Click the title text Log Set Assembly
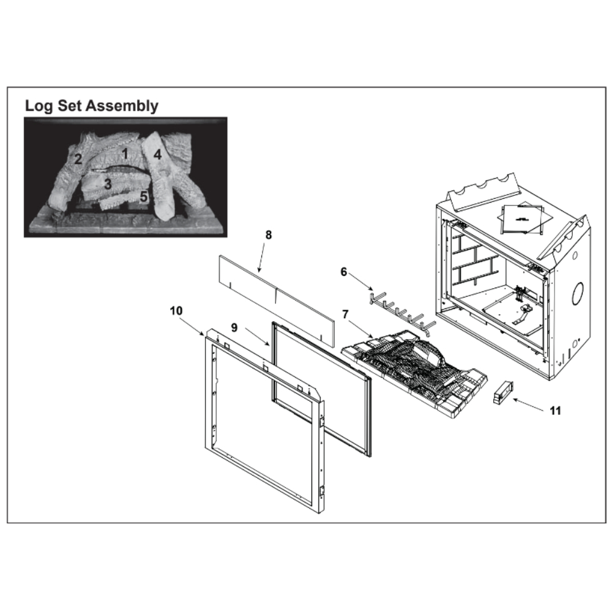92,106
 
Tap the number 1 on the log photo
125,154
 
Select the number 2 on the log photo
78,159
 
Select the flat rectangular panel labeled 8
277,301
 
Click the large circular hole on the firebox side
577,293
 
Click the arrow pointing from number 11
528,405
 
